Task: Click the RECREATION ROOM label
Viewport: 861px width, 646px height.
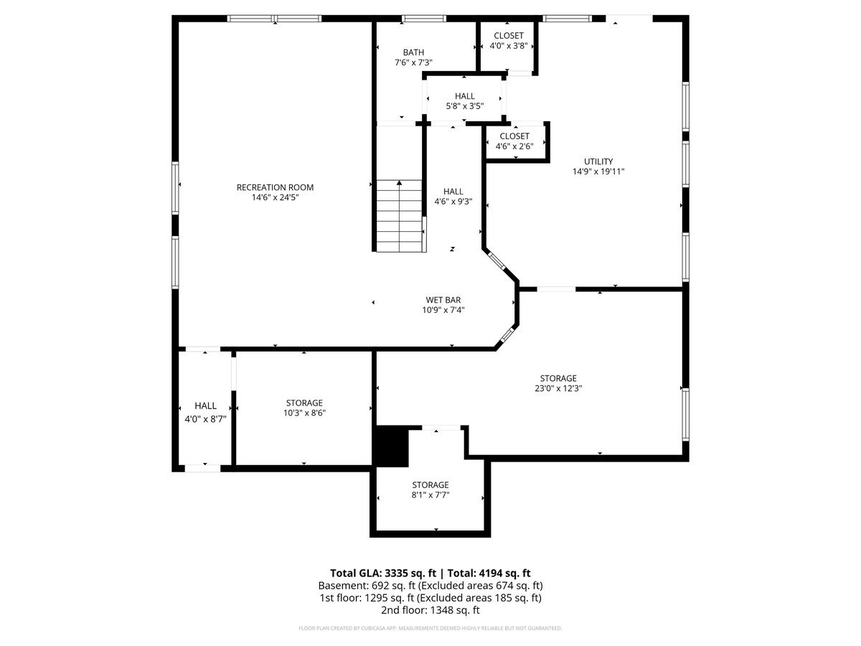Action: pyautogui.click(x=275, y=187)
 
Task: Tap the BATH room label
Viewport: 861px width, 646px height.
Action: pyautogui.click(x=413, y=52)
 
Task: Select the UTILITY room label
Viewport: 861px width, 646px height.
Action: pyautogui.click(x=598, y=161)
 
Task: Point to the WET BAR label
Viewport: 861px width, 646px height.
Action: pyautogui.click(x=443, y=300)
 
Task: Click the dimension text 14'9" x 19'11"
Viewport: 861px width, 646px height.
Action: pyautogui.click(x=598, y=172)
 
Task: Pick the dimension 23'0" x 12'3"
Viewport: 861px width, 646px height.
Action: pyautogui.click(x=558, y=388)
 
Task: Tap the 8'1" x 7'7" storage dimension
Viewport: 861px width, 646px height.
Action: pyautogui.click(x=430, y=495)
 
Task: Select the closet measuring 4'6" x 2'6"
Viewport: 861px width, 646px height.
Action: pyautogui.click(x=514, y=141)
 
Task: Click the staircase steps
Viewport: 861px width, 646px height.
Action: pyautogui.click(x=400, y=216)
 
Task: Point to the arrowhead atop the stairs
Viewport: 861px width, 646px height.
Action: pyautogui.click(x=400, y=183)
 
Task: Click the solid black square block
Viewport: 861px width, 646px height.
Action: pyautogui.click(x=392, y=446)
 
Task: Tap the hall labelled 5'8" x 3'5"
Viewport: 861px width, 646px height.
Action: pyautogui.click(x=465, y=100)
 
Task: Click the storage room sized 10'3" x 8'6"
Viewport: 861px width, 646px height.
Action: pyautogui.click(x=304, y=408)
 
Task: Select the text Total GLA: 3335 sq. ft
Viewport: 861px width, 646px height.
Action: pyautogui.click(x=383, y=573)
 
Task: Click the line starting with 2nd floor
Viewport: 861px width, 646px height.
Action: pyautogui.click(x=430, y=610)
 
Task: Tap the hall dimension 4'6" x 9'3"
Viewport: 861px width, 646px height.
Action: pyautogui.click(x=453, y=202)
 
